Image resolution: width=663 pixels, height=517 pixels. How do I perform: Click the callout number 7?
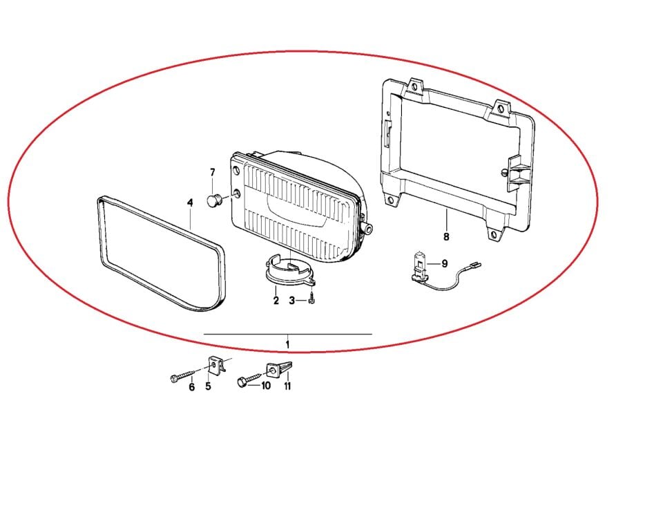pos(212,173)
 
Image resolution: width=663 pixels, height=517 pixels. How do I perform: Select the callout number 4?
pos(191,203)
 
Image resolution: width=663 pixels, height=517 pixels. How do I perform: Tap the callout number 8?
pos(446,237)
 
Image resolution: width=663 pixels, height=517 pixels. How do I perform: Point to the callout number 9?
pos(444,263)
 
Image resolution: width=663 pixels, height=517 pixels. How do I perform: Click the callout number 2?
pos(276,301)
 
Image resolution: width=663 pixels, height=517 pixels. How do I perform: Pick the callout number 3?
pos(291,301)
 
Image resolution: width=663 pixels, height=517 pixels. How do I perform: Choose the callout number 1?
pos(287,344)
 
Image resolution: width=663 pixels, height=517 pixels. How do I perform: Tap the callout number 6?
pos(192,387)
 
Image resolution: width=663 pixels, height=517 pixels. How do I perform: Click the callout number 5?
pos(208,386)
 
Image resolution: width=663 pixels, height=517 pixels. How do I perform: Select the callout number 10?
pos(265,386)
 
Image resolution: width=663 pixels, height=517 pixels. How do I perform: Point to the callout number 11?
pos(287,386)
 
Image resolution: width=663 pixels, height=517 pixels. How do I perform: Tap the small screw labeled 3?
pos(311,299)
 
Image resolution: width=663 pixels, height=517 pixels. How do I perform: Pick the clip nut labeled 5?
pos(215,364)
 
